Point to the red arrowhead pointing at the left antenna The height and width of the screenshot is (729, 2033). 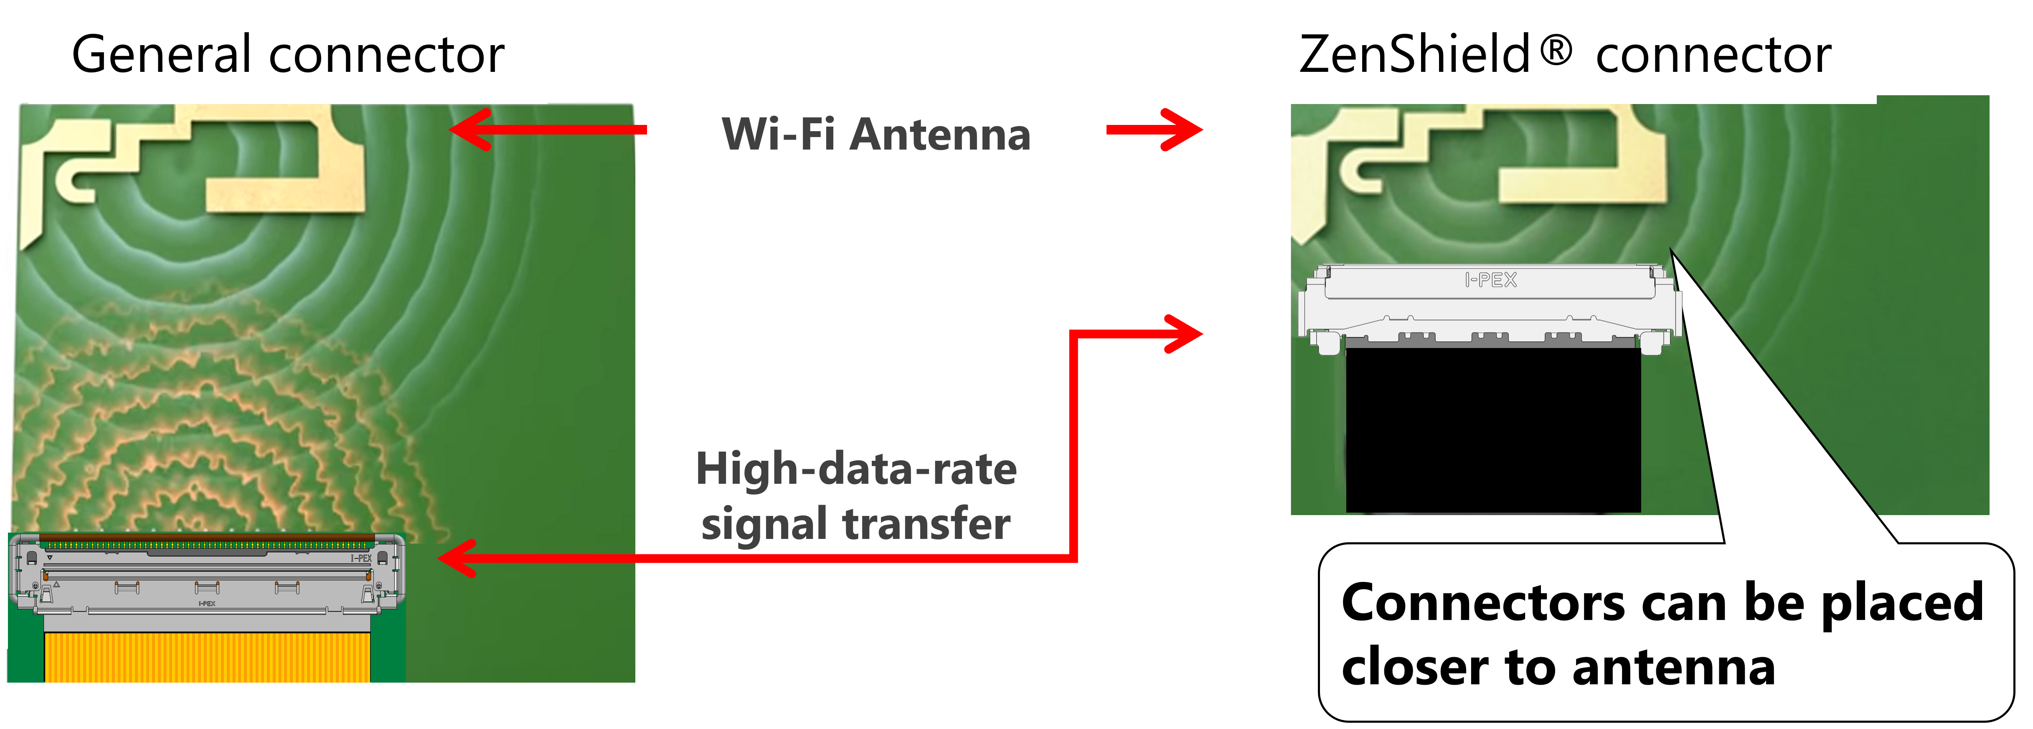click(466, 130)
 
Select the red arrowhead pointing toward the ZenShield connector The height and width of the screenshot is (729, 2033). click(1184, 334)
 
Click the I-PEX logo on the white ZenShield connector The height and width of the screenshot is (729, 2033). click(1490, 280)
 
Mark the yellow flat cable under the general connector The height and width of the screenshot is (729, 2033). click(207, 656)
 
